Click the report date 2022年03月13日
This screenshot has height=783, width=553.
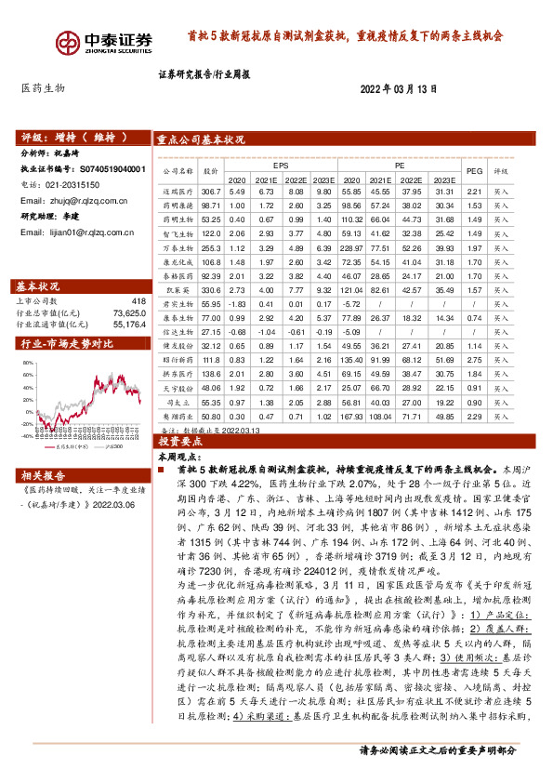coord(398,88)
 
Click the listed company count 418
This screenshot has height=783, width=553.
coord(138,301)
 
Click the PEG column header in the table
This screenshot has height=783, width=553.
coord(500,171)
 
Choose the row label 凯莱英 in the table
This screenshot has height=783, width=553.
coord(177,290)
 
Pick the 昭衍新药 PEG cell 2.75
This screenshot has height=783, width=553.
coord(500,358)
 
